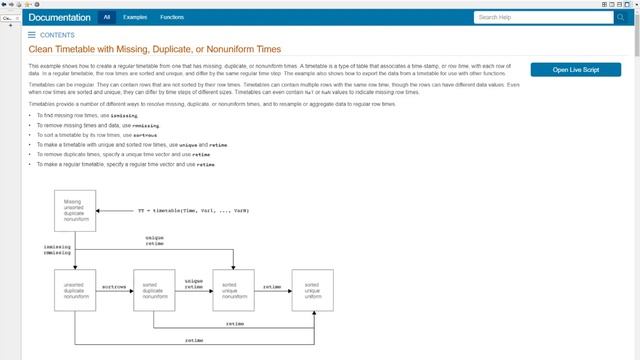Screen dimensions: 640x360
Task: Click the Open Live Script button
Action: (579, 69)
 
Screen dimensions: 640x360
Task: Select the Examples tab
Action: (137, 17)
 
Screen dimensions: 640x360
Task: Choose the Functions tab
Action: (172, 17)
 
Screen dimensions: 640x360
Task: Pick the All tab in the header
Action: (107, 17)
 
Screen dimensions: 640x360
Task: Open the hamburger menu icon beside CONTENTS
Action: (32, 34)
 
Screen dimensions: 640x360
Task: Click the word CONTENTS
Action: (57, 34)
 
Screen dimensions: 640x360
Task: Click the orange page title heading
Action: (154, 49)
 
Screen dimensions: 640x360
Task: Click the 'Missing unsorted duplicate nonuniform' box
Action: (75, 210)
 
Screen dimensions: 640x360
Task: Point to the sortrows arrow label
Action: (114, 285)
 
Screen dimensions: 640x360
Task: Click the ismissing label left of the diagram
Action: (57, 246)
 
